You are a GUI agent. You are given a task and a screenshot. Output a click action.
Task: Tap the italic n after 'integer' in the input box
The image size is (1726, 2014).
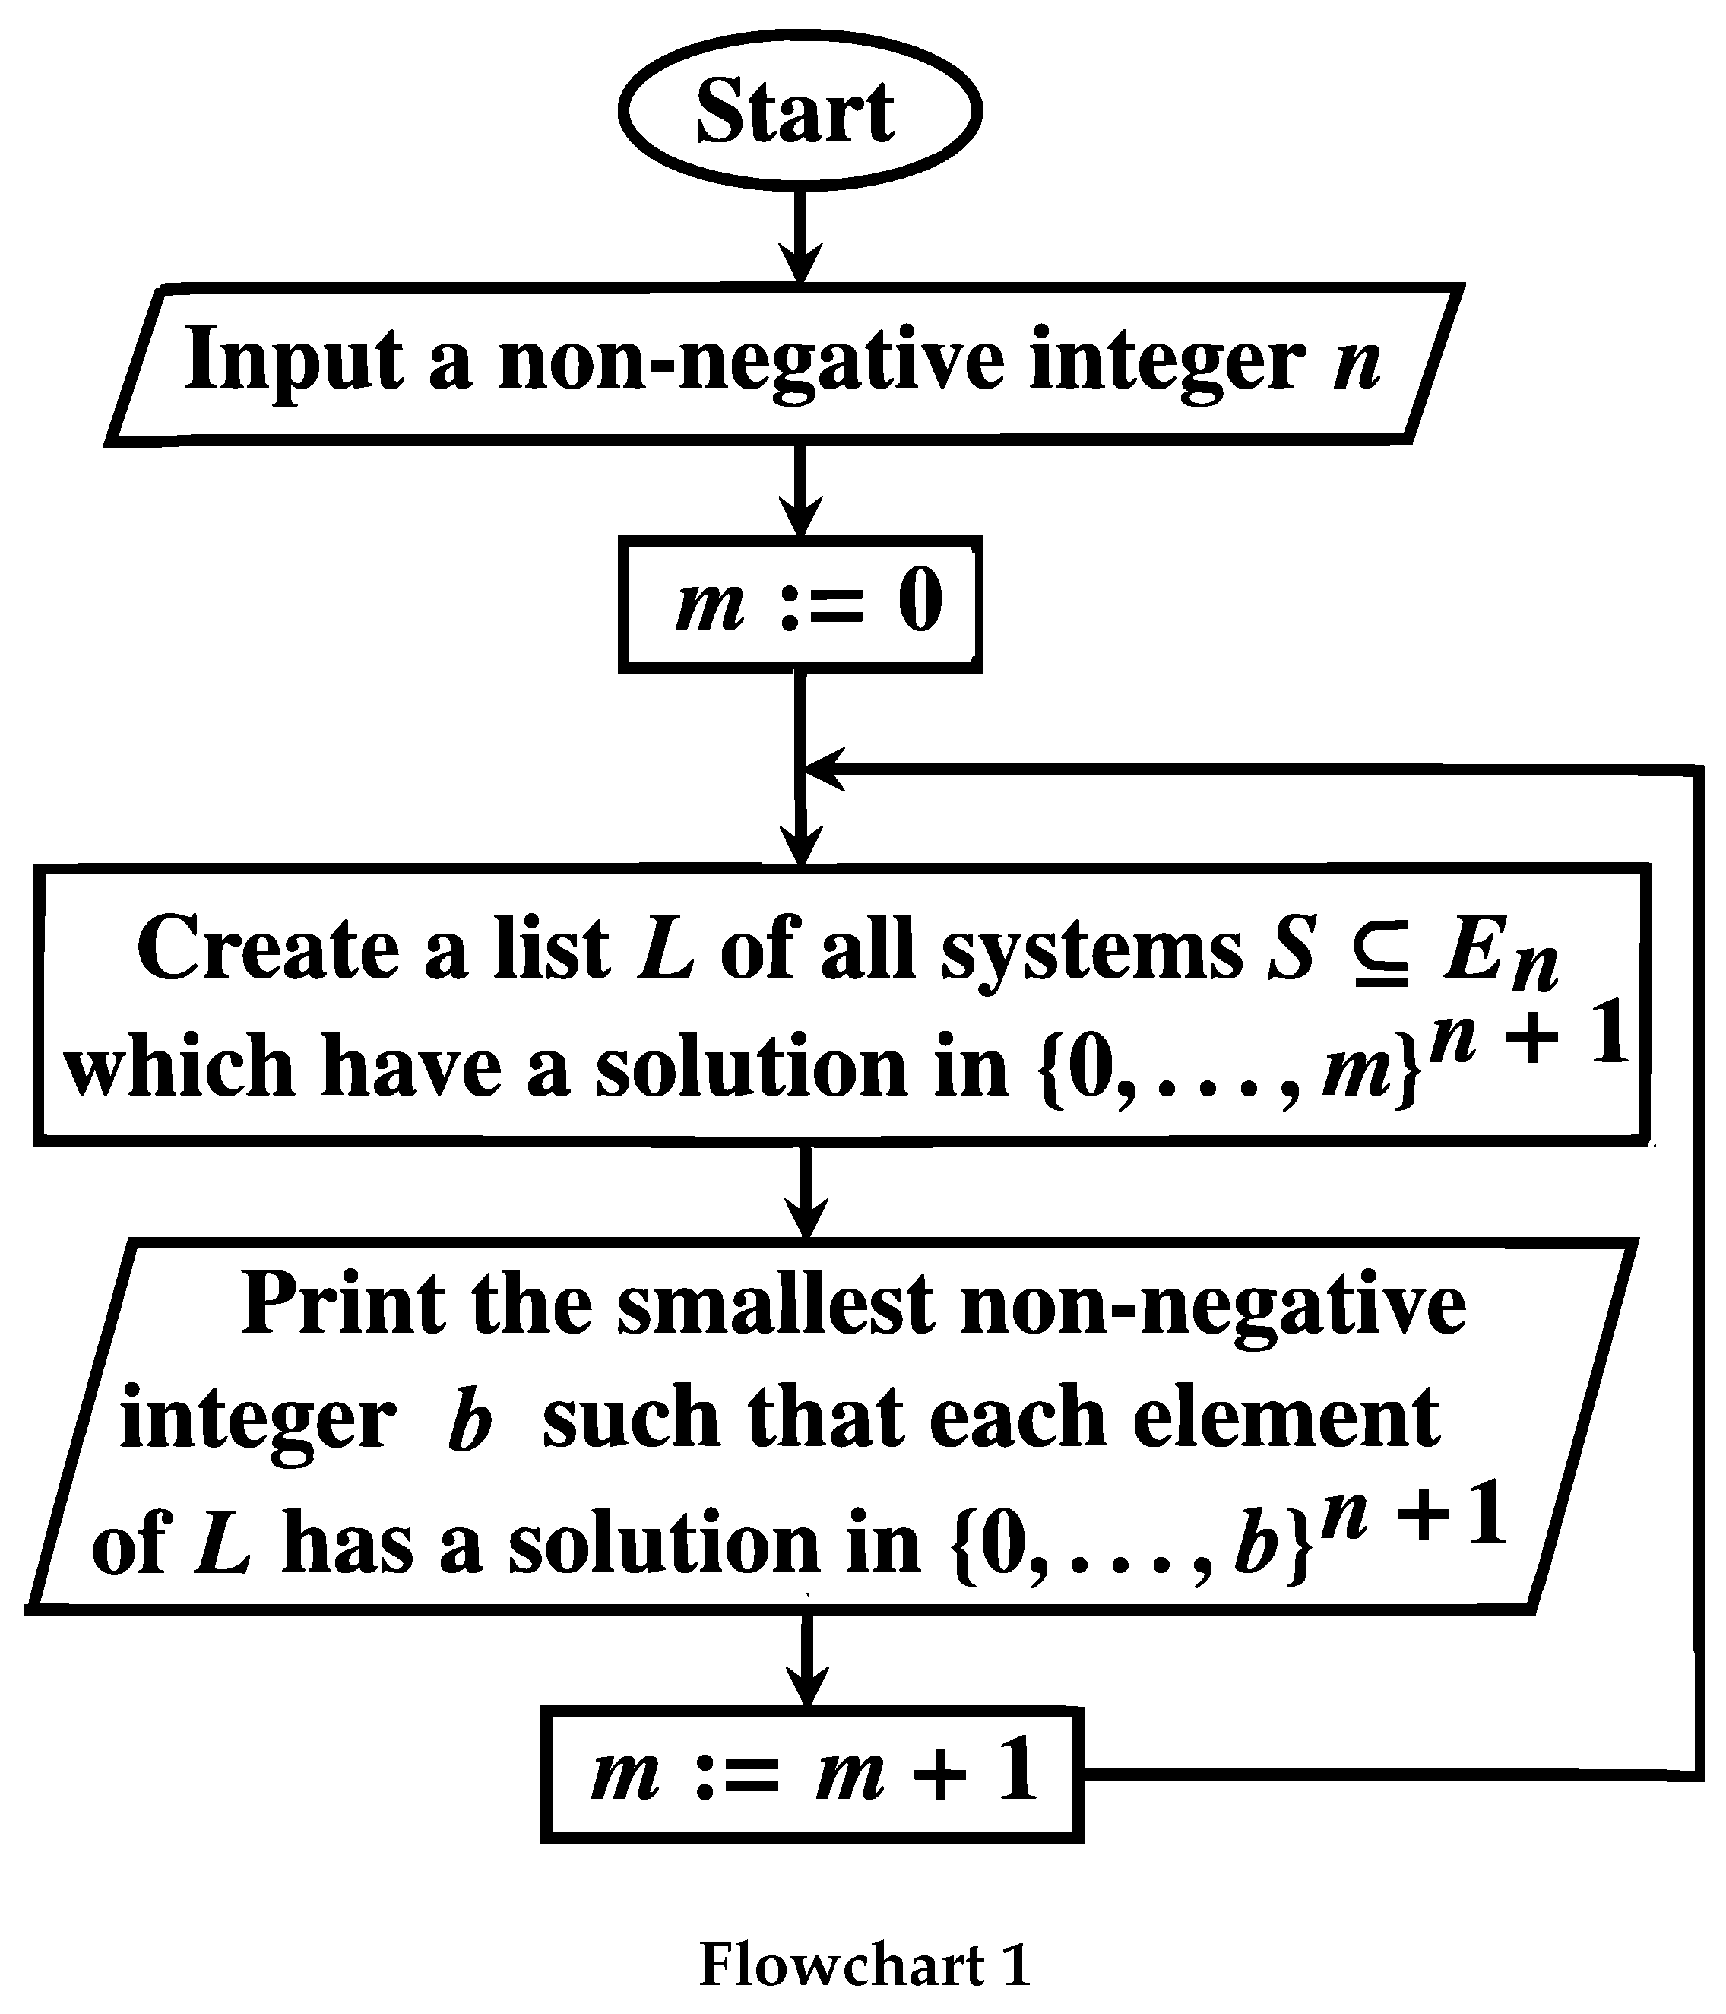tap(1357, 363)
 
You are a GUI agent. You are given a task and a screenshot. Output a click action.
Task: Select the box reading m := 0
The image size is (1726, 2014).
tap(799, 604)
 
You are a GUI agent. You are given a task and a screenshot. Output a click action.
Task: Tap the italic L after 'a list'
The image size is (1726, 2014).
tap(666, 949)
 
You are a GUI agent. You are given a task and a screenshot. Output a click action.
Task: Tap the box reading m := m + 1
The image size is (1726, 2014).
tap(812, 1774)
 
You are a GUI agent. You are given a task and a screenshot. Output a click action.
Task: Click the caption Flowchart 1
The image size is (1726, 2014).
tap(864, 1965)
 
